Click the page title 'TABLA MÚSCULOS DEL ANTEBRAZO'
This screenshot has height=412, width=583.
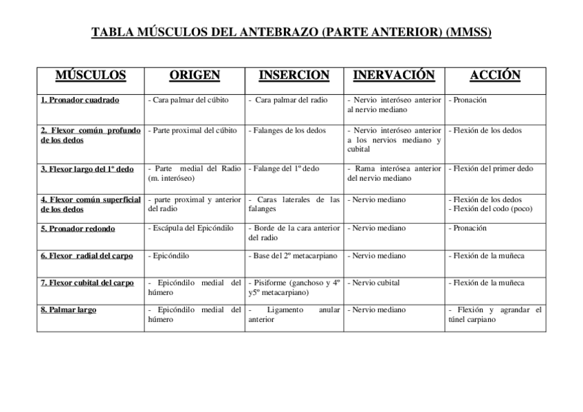(291, 32)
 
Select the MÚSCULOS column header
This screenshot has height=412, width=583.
(90, 76)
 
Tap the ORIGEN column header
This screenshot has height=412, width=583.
(195, 76)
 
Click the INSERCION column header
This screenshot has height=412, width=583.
(294, 76)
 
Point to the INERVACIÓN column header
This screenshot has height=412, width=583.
(393, 76)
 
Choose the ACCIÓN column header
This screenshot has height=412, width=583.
(495, 76)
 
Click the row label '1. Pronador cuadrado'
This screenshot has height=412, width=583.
(80, 100)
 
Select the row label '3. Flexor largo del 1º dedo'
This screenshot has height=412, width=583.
(87, 169)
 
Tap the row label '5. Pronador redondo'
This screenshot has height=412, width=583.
(78, 228)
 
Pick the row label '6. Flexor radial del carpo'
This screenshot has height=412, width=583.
(87, 256)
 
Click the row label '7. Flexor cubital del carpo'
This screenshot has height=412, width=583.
(87, 283)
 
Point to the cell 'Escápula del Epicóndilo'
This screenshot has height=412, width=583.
(191, 228)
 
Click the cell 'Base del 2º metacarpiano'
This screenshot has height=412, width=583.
(294, 256)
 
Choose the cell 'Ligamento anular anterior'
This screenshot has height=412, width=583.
(294, 314)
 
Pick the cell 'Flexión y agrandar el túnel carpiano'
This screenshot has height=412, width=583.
(495, 314)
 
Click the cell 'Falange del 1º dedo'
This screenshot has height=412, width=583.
(284, 169)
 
